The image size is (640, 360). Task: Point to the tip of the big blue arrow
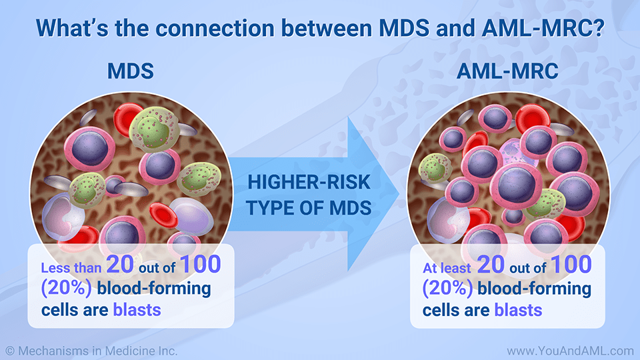click(399, 194)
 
